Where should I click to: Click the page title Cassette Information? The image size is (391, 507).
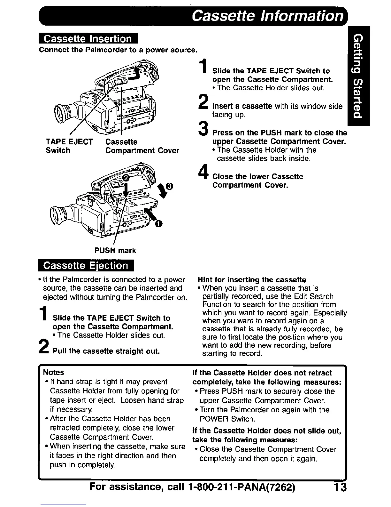268,15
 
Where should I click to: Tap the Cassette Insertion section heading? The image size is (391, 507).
88,39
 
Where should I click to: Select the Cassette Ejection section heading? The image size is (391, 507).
85,266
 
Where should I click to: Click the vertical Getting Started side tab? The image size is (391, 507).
358,76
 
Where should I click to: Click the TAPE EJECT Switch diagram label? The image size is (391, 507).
69,146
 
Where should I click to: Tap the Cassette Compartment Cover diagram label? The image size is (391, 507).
142,146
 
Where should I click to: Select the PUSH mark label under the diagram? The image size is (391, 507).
115,250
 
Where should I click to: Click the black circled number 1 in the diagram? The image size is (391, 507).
157,224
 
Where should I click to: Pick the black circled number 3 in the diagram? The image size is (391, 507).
169,186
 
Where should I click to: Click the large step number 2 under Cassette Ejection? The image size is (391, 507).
44,346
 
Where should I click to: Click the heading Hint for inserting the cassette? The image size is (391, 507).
252,279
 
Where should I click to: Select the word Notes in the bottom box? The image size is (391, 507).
53,372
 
